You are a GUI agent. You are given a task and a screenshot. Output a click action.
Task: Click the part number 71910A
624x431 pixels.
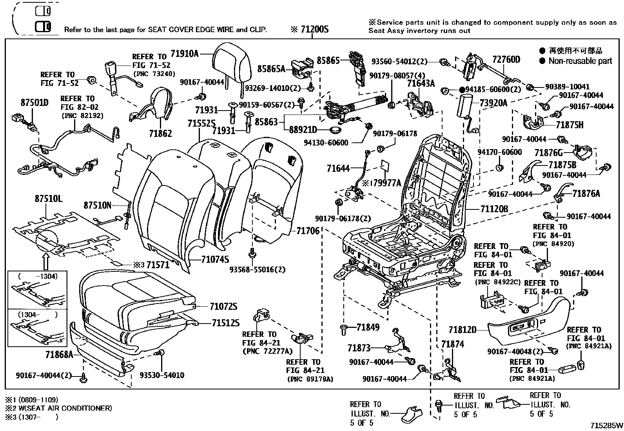[x=185, y=54]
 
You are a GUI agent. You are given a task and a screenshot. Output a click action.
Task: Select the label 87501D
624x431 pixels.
[x=34, y=103]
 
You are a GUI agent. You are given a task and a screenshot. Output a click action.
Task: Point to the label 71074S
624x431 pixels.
[x=215, y=259]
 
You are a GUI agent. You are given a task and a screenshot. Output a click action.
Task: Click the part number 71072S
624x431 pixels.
[x=223, y=306]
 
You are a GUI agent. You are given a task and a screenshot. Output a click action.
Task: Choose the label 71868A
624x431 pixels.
[x=59, y=355]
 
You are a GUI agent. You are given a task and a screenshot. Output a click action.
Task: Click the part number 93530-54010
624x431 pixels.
[x=162, y=375]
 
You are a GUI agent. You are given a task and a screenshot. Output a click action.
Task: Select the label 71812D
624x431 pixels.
[x=463, y=330]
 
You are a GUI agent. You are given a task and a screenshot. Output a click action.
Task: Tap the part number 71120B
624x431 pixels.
[x=494, y=209]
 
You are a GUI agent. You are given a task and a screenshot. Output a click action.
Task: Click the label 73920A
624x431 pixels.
[x=493, y=103]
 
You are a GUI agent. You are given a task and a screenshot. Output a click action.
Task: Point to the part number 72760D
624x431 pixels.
[x=506, y=59]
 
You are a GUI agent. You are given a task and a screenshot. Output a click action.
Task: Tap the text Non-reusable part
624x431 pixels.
[x=580, y=61]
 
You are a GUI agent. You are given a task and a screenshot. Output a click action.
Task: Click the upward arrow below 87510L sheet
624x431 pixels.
[x=45, y=260]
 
